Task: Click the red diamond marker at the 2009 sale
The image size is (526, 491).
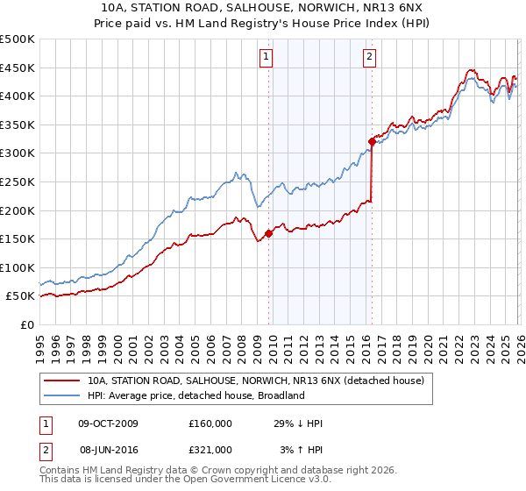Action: [268, 232]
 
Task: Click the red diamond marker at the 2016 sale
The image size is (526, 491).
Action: [372, 140]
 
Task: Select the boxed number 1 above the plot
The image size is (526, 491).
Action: [266, 58]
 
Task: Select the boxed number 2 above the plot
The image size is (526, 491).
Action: [369, 58]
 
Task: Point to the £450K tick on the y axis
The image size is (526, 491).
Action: [18, 68]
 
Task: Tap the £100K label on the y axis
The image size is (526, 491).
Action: [18, 267]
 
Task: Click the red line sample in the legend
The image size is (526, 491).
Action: [62, 381]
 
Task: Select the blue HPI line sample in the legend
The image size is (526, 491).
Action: [62, 395]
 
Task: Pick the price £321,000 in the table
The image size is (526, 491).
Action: [210, 449]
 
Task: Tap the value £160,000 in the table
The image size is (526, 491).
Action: [210, 423]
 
